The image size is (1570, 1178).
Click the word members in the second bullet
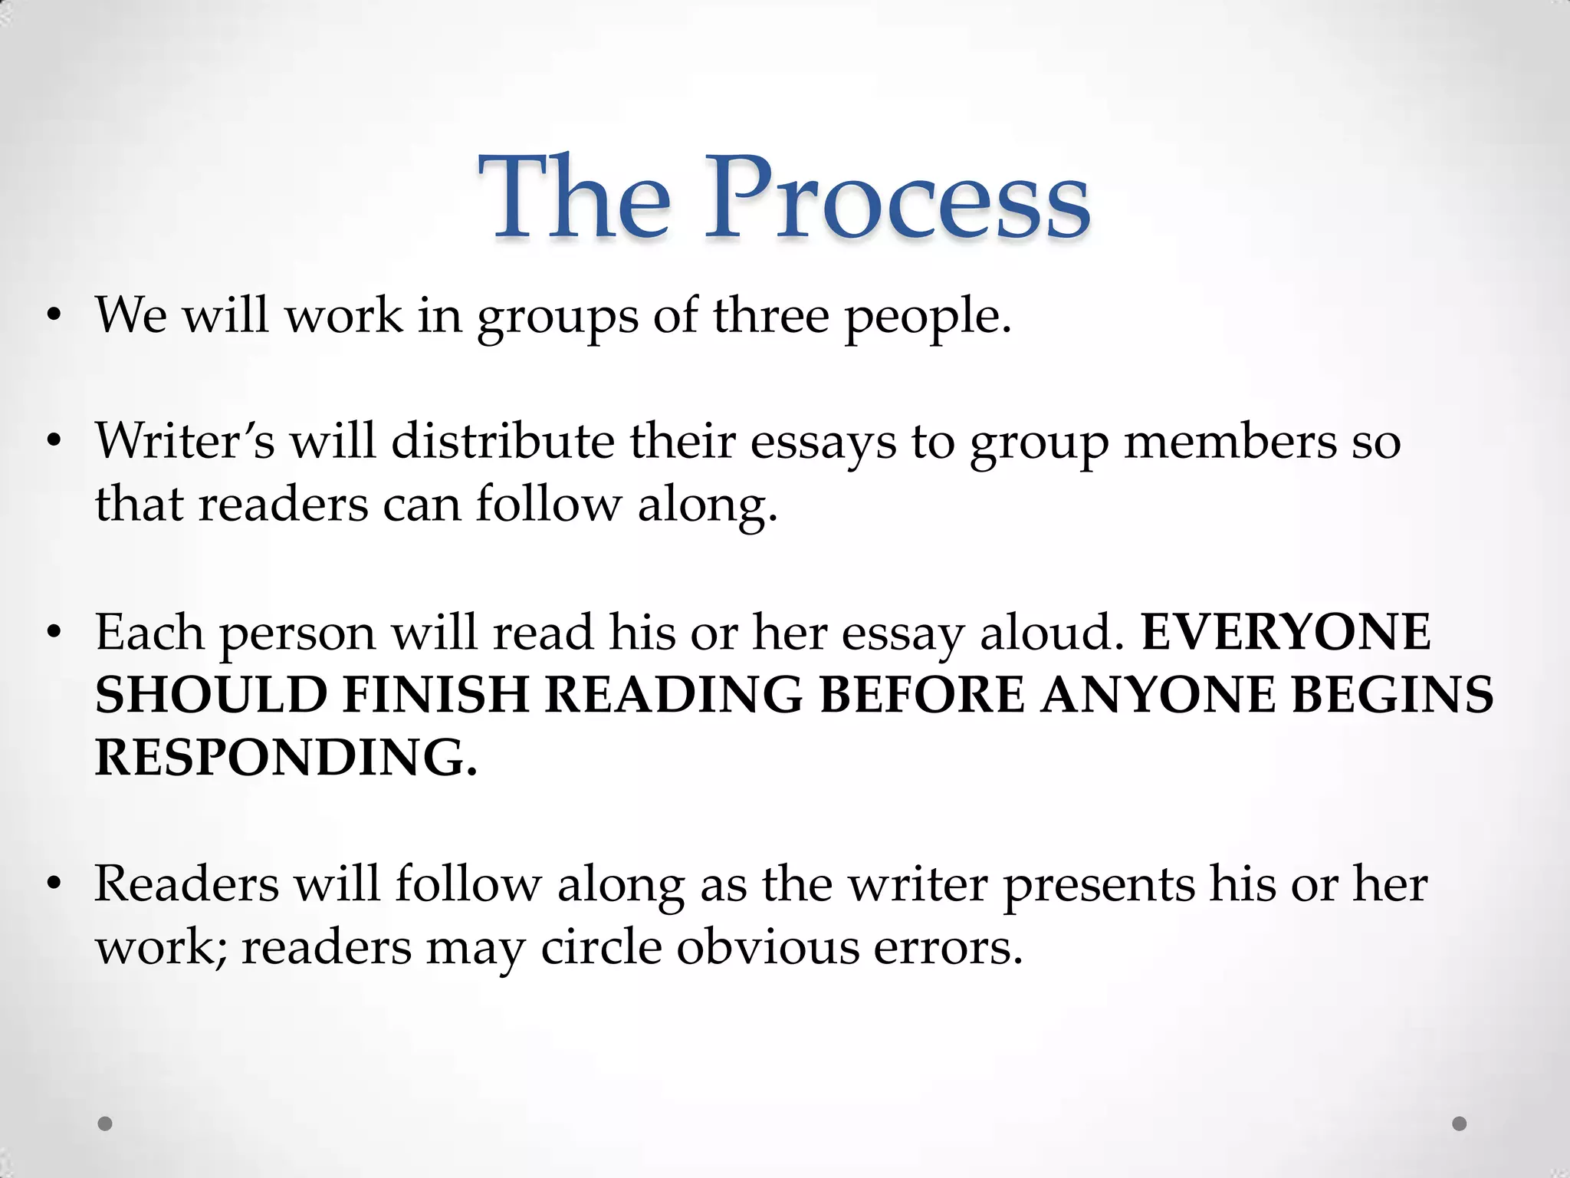coord(1230,443)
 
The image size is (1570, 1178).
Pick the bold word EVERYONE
coord(1286,632)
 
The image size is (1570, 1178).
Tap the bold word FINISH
coord(435,695)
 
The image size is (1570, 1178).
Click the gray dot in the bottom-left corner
coord(106,1124)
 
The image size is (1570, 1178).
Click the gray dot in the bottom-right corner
coord(1460,1124)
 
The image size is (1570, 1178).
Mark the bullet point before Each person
coord(53,633)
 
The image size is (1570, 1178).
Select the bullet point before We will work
coord(53,316)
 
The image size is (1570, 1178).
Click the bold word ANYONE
coord(1158,695)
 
